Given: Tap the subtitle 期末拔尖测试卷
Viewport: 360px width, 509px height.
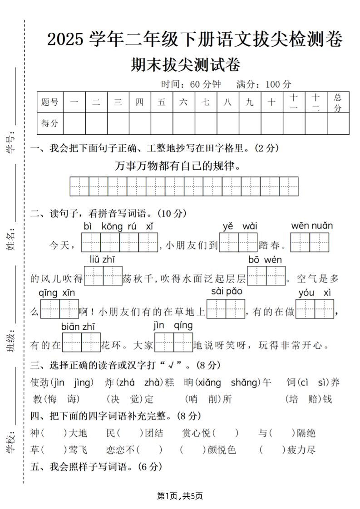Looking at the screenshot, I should click(185, 65).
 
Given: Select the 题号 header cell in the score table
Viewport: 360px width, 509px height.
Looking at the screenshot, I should click(50, 102).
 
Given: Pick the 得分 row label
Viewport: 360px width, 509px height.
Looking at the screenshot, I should click(50, 123).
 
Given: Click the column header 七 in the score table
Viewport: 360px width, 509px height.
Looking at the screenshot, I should click(206, 102).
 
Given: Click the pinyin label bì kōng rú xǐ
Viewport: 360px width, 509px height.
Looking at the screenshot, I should click(119, 226).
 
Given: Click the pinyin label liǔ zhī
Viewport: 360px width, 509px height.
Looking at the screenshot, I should click(103, 259).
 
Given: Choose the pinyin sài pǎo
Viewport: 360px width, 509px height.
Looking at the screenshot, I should click(227, 291).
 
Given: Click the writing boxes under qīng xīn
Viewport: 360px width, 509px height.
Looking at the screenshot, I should click(59, 309).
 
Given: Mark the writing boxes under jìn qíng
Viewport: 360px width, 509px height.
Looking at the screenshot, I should click(174, 343).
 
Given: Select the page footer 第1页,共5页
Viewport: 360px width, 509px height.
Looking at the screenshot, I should click(180, 496).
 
